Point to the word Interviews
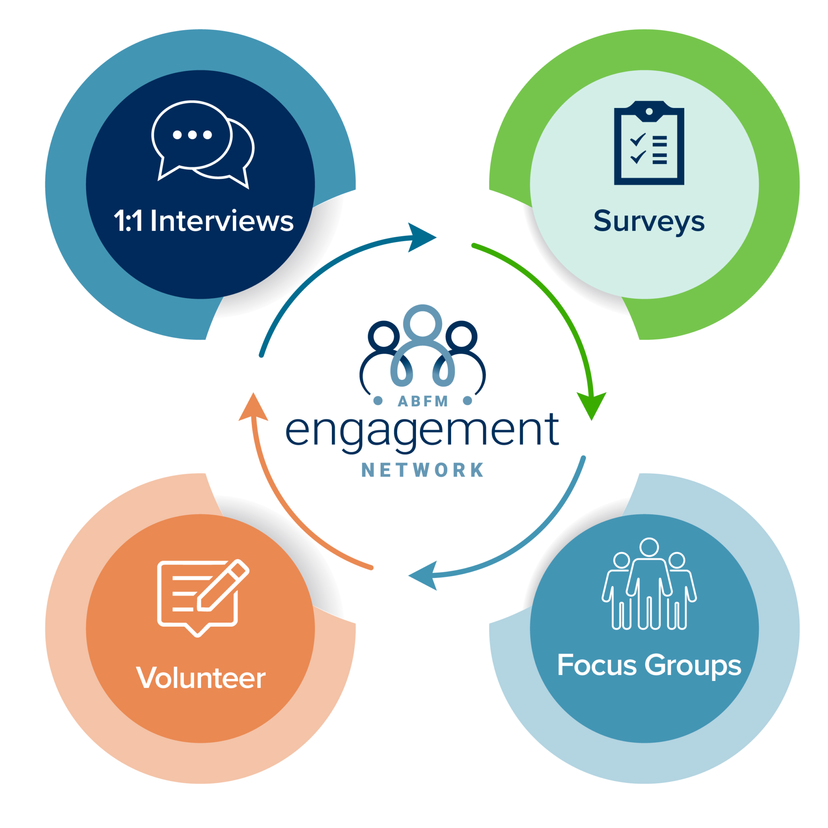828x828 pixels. pos(221,221)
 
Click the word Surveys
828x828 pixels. pos(649,222)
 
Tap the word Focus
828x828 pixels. pos(596,665)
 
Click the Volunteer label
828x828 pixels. pos(201,678)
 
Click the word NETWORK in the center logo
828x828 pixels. pos(422,470)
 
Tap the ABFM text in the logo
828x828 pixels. pos(422,401)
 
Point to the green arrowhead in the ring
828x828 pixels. pos(592,405)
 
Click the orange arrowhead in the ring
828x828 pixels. pos(253,408)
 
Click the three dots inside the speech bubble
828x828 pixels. pos(193,135)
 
